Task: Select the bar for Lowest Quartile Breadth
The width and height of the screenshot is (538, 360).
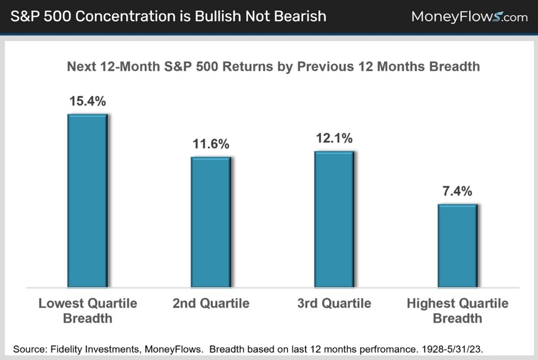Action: pos(87,200)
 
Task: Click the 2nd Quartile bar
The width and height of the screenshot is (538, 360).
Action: pos(210,222)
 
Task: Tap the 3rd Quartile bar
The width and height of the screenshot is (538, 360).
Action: pos(334,219)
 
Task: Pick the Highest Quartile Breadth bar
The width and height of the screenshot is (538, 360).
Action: pos(457,245)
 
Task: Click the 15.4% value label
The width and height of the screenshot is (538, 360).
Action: pos(87,101)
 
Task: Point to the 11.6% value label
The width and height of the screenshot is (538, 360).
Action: pos(210,144)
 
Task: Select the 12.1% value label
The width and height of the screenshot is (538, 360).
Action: pos(334,138)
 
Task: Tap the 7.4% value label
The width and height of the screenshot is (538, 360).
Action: pos(457,191)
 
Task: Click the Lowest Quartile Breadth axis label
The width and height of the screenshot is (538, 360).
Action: pos(87,310)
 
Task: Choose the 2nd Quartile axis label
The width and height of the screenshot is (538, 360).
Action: pos(210,304)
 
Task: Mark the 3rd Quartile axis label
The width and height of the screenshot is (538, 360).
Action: pos(334,304)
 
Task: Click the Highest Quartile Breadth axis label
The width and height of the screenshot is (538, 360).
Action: pos(457,310)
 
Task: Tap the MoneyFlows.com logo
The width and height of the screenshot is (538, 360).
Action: pos(469,17)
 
